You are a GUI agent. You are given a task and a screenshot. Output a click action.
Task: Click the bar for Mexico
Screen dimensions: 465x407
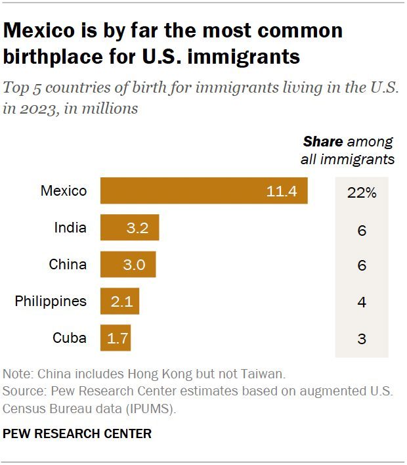[203, 191]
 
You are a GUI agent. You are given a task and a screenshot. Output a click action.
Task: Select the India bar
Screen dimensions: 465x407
[129, 228]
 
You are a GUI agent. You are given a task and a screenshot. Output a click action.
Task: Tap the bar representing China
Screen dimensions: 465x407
[128, 265]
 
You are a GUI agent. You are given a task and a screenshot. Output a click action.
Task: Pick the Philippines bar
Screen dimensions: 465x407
[119, 301]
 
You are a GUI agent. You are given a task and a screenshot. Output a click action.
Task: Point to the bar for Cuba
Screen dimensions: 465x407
[116, 338]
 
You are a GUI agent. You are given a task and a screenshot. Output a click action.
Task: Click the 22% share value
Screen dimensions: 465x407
[361, 192]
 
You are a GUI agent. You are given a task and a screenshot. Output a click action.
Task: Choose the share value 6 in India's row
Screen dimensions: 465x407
[361, 230]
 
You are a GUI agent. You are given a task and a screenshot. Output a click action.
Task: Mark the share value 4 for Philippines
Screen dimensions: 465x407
[361, 303]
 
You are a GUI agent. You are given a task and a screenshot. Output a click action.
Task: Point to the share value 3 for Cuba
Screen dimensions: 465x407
[361, 340]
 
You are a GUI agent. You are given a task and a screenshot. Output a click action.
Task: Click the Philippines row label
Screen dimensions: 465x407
[51, 301]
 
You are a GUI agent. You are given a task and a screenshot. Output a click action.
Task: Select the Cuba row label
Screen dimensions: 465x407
[69, 338]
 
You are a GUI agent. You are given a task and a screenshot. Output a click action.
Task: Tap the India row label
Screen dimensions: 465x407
[70, 228]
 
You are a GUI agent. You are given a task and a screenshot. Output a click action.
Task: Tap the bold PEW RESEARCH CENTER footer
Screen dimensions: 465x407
[77, 433]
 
